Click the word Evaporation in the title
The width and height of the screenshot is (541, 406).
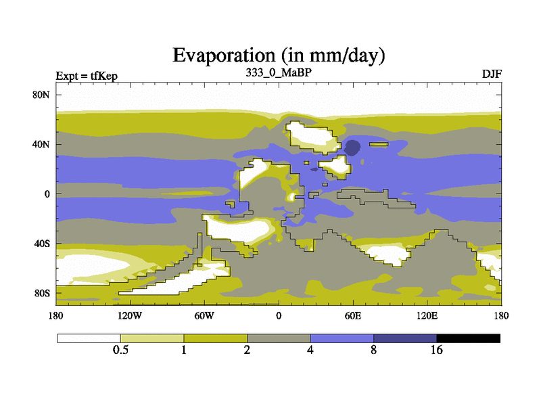click(224, 56)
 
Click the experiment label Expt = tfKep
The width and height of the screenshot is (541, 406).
click(87, 76)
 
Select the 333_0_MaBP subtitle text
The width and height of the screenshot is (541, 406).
click(279, 72)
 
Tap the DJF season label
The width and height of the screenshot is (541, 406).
click(492, 74)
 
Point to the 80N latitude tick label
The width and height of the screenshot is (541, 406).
click(41, 95)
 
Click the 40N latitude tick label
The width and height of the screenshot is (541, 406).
click(41, 144)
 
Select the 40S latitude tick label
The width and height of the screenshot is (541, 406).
click(42, 244)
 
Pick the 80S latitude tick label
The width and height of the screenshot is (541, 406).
click(42, 294)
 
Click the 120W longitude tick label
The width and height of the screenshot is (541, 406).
click(130, 315)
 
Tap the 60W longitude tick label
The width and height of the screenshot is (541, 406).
click(204, 315)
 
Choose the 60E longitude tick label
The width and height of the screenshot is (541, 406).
click(353, 315)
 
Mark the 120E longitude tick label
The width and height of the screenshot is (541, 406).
click(427, 315)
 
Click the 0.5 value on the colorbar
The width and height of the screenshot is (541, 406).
click(120, 350)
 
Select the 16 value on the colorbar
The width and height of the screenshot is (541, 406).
click(436, 350)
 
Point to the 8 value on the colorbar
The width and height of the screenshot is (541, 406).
click(374, 350)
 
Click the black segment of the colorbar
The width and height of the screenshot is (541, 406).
click(468, 338)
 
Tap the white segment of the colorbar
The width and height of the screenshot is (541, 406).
click(89, 338)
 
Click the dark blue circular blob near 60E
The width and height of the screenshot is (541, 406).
click(352, 148)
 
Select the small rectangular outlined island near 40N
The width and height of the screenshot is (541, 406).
click(379, 144)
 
